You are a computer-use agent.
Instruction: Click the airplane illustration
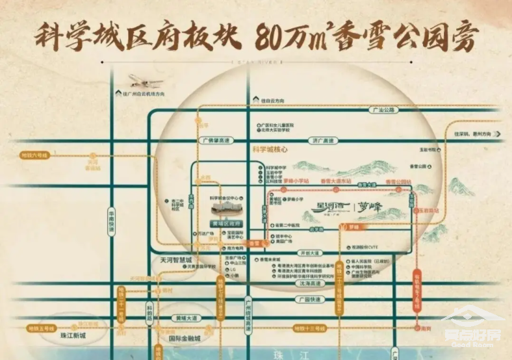(146, 81)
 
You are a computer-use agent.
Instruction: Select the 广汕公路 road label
(383, 110)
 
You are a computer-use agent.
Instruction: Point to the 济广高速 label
(322, 140)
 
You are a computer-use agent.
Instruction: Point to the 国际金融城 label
(185, 339)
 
